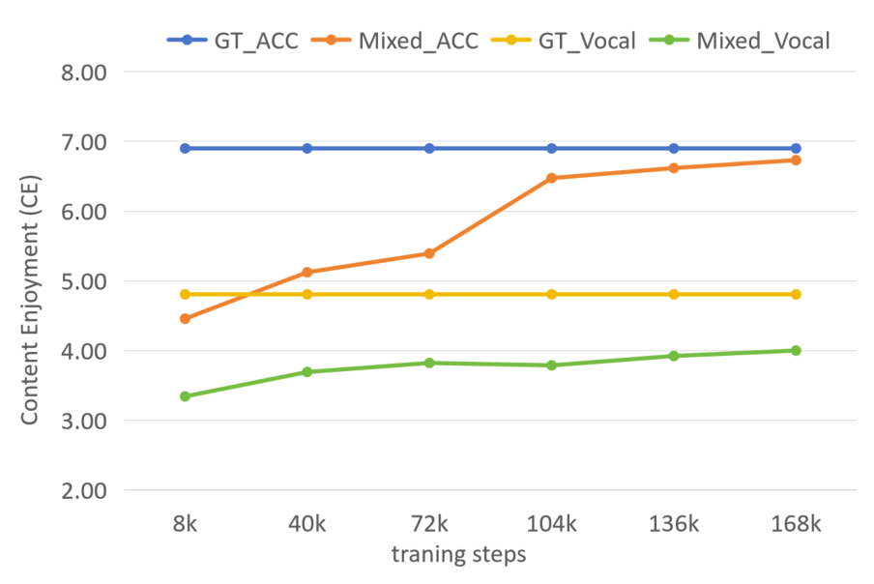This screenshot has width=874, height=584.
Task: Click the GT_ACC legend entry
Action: coord(233,40)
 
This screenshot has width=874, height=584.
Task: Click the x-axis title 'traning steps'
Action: coord(459,555)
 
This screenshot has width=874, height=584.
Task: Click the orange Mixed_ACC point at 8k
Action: coord(185,318)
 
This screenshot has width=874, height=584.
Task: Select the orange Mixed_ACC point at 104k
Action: coord(551,178)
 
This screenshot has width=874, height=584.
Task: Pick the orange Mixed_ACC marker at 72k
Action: coord(429,253)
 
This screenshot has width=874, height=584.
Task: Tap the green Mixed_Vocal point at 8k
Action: coord(185,396)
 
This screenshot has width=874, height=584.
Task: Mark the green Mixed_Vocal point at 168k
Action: coord(796,350)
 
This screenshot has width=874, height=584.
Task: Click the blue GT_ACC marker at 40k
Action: coord(307,148)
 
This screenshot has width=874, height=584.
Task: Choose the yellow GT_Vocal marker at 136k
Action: coord(674,294)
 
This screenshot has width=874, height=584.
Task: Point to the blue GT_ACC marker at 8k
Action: coord(185,148)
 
